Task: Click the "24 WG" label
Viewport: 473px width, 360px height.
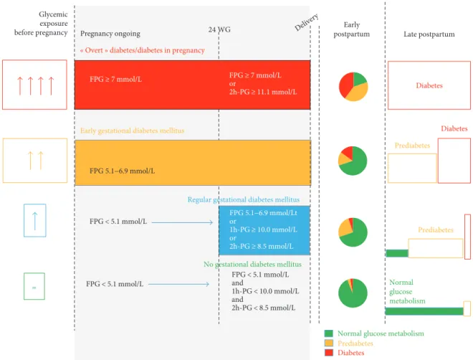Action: (x=219, y=29)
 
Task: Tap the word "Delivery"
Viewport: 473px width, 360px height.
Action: (x=307, y=22)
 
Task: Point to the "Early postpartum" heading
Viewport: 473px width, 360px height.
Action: (x=352, y=29)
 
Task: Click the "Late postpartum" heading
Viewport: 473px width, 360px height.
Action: (x=429, y=34)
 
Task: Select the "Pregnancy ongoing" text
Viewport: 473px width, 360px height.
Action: (x=110, y=34)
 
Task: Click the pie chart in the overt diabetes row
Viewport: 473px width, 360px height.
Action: (x=353, y=87)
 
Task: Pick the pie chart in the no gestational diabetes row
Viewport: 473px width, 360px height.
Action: (x=353, y=293)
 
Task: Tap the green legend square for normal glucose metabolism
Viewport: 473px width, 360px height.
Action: (x=329, y=333)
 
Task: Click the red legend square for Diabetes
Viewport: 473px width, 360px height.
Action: (x=329, y=352)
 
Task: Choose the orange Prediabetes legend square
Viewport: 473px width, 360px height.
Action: (x=329, y=343)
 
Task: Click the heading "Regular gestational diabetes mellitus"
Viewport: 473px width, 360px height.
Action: (x=244, y=199)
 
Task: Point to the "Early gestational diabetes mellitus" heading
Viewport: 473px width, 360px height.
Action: (x=132, y=131)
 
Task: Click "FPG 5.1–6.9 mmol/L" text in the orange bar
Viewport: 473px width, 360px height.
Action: (x=122, y=171)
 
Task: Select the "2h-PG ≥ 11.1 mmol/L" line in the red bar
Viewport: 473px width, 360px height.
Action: (x=263, y=92)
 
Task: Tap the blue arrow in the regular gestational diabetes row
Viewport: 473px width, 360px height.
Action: (x=182, y=222)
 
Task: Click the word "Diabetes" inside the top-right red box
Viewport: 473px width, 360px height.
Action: (x=429, y=85)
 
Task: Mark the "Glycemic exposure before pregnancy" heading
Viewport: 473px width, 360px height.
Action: (x=41, y=23)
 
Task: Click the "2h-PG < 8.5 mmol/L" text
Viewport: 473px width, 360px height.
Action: (x=263, y=308)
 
